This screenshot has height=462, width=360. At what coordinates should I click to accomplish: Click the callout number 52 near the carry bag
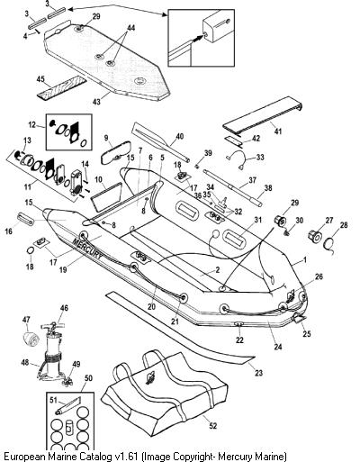coord(212,426)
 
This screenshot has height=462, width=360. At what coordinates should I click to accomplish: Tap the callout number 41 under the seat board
coord(278,131)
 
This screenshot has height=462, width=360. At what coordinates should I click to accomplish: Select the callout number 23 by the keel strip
coord(258,373)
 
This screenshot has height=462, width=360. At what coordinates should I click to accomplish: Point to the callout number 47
coord(26,320)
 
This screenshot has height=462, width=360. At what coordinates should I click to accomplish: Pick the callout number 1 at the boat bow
coord(305,259)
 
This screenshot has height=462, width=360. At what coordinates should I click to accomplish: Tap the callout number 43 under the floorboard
coord(96,102)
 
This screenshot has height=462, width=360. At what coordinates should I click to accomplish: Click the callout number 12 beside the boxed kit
coord(32,124)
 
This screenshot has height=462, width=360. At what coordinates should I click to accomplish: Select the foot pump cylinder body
coord(53,349)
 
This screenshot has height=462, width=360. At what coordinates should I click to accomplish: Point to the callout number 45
coord(40,80)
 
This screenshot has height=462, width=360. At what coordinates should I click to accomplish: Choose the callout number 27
coord(329,221)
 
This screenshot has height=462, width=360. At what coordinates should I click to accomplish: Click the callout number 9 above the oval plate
coord(106,138)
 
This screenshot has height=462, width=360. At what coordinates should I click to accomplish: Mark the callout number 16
coord(9,231)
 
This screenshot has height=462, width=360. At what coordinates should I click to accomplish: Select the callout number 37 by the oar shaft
coord(252,180)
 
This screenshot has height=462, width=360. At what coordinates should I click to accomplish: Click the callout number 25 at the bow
coord(307,333)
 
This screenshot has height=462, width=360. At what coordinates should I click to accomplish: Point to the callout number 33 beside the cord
coord(260,157)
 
